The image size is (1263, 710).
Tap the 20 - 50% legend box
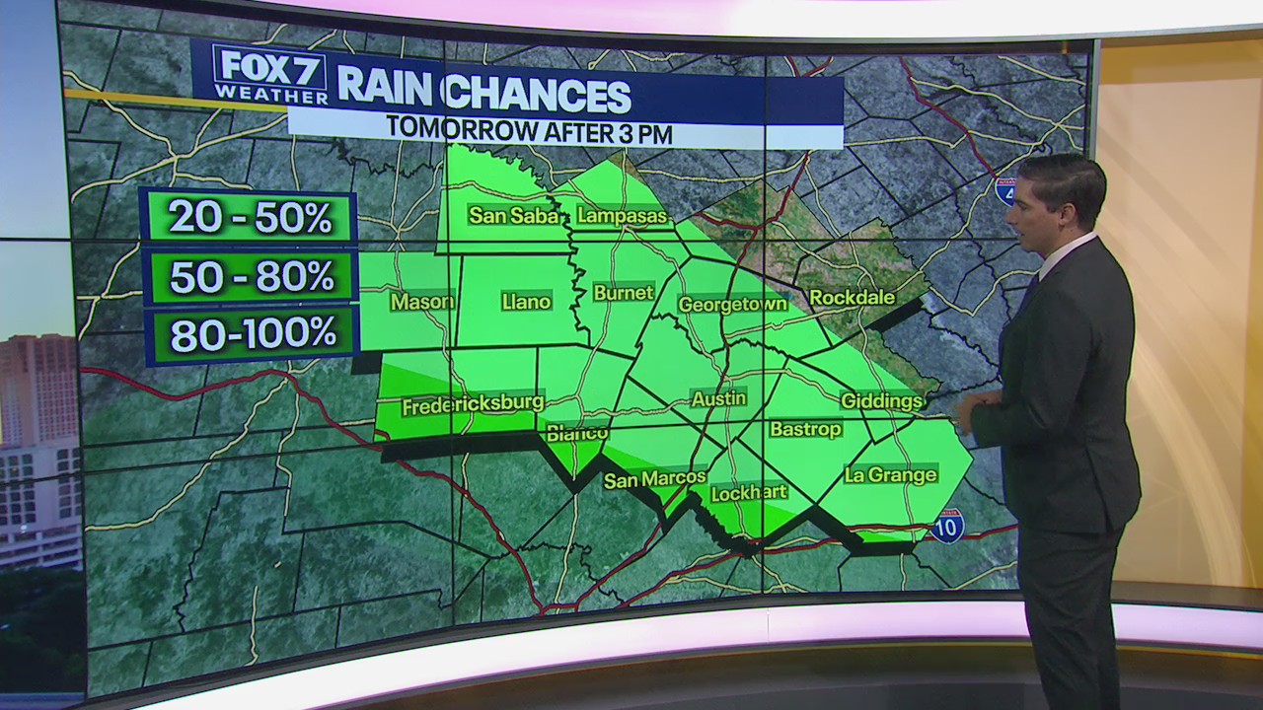(249, 217)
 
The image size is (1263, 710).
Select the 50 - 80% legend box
(251, 277)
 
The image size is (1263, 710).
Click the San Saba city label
(513, 215)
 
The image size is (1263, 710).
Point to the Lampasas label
(623, 215)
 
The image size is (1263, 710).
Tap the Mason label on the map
(421, 302)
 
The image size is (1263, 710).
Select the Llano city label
(526, 302)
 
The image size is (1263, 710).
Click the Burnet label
(623, 293)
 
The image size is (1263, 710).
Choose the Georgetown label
(732, 305)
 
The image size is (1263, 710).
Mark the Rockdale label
(852, 297)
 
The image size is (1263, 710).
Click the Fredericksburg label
(473, 404)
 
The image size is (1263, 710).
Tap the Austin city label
(718, 398)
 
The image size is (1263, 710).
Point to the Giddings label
(881, 400)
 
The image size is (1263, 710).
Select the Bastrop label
(805, 429)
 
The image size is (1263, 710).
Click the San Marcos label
(654, 480)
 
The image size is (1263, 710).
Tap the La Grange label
(890, 475)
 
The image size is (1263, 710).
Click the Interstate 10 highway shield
(947, 527)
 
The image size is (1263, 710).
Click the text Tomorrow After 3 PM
(529, 128)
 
